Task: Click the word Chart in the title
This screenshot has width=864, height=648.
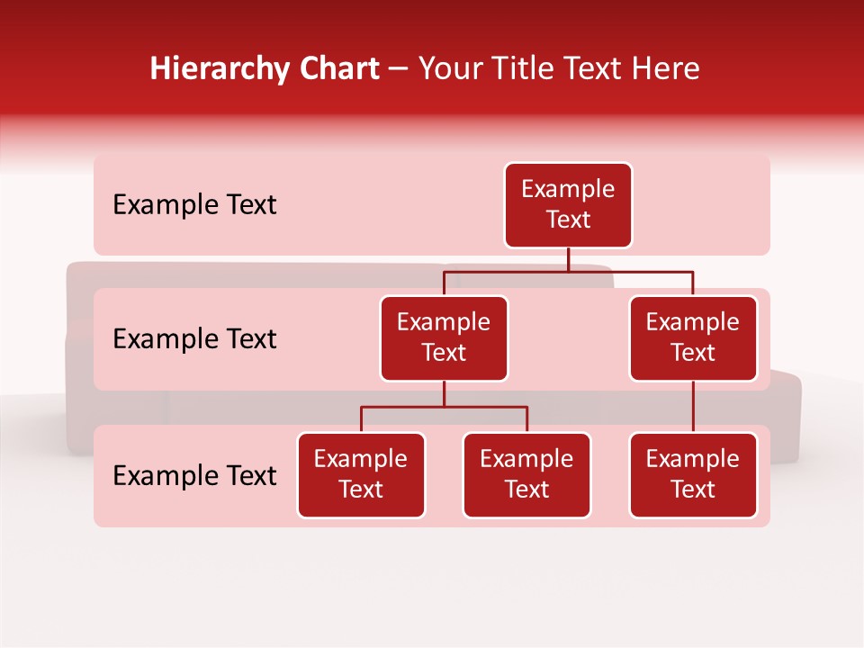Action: pos(337,69)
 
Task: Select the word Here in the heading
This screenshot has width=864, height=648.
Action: pos(666,69)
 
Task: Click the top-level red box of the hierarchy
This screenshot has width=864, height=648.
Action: pos(568,205)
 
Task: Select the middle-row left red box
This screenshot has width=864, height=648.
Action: pos(444,338)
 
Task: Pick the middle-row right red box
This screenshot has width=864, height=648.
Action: pos(693,338)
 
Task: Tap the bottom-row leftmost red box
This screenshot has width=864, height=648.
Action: pos(361,475)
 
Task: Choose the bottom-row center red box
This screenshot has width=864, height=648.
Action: pos(526,475)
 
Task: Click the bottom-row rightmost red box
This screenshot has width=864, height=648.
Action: pos(693,475)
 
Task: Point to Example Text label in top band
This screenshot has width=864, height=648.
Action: pos(194,205)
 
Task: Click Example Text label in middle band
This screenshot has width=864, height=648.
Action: pos(194,339)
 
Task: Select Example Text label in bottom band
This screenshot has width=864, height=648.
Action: pos(194,475)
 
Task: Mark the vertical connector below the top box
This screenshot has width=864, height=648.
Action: pos(568,259)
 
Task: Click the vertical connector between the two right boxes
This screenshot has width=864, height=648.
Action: pos(693,407)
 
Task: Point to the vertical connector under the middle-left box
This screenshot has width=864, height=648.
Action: pos(444,394)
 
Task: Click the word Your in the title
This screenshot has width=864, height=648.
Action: pos(449,69)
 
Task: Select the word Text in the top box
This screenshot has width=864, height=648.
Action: pos(568,220)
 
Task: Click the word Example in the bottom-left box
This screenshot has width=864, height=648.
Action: pos(361,459)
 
